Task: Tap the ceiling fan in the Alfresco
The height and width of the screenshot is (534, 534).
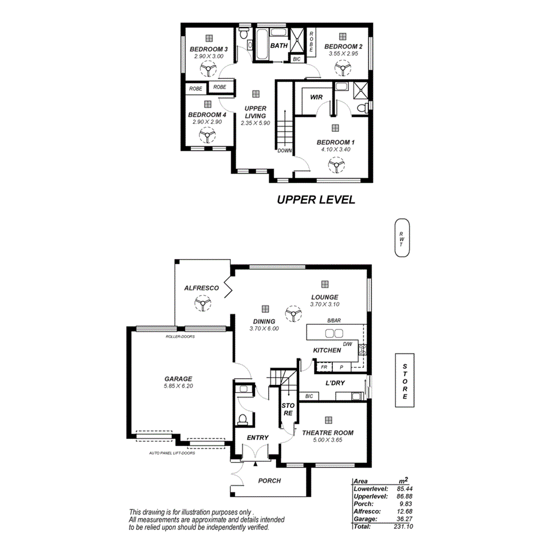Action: click(202, 303)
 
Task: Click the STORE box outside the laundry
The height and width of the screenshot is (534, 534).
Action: click(405, 380)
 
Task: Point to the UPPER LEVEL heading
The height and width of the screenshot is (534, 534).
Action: click(316, 200)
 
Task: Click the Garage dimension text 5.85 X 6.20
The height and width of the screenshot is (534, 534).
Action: click(178, 387)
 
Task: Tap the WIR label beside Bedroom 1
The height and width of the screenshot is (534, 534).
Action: click(317, 97)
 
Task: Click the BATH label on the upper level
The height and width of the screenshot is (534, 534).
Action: click(279, 45)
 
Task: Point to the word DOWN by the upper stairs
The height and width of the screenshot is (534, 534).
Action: click(284, 151)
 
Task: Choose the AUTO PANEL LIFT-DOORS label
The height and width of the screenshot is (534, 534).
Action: click(172, 453)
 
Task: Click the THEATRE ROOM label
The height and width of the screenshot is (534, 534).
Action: click(328, 433)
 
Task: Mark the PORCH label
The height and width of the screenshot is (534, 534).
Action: click(269, 481)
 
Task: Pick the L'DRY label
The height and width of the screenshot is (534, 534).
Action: click(334, 382)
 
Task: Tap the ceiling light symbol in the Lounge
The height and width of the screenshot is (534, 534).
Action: click(325, 284)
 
